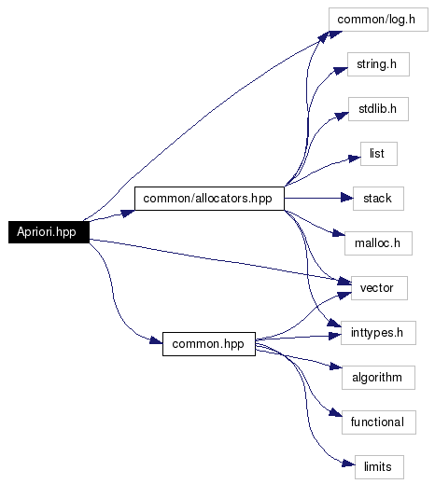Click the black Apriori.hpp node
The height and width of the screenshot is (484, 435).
point(49,232)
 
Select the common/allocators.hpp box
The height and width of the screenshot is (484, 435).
point(209,199)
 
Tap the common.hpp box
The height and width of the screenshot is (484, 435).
point(209,344)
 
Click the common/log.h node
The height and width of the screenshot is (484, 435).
point(378,20)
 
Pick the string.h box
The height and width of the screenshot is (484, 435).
point(378,64)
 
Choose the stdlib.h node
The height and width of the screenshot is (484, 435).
point(378,109)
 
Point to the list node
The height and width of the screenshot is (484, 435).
point(379,154)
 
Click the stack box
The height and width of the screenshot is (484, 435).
point(378,199)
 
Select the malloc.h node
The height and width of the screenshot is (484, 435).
point(378,243)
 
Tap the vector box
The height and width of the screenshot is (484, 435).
point(379,288)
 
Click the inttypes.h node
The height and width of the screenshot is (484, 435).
point(378,333)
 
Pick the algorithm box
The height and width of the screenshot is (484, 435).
point(378,378)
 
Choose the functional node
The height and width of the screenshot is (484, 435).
point(379,422)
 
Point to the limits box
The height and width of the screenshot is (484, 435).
point(379,467)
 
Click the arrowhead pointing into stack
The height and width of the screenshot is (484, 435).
point(347,198)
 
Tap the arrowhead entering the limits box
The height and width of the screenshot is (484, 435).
point(349,463)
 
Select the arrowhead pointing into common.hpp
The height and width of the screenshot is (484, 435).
point(156,340)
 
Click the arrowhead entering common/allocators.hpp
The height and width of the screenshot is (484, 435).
point(128,214)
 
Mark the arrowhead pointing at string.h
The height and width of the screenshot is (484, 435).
point(341,70)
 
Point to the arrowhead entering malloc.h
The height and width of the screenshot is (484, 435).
point(339,233)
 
